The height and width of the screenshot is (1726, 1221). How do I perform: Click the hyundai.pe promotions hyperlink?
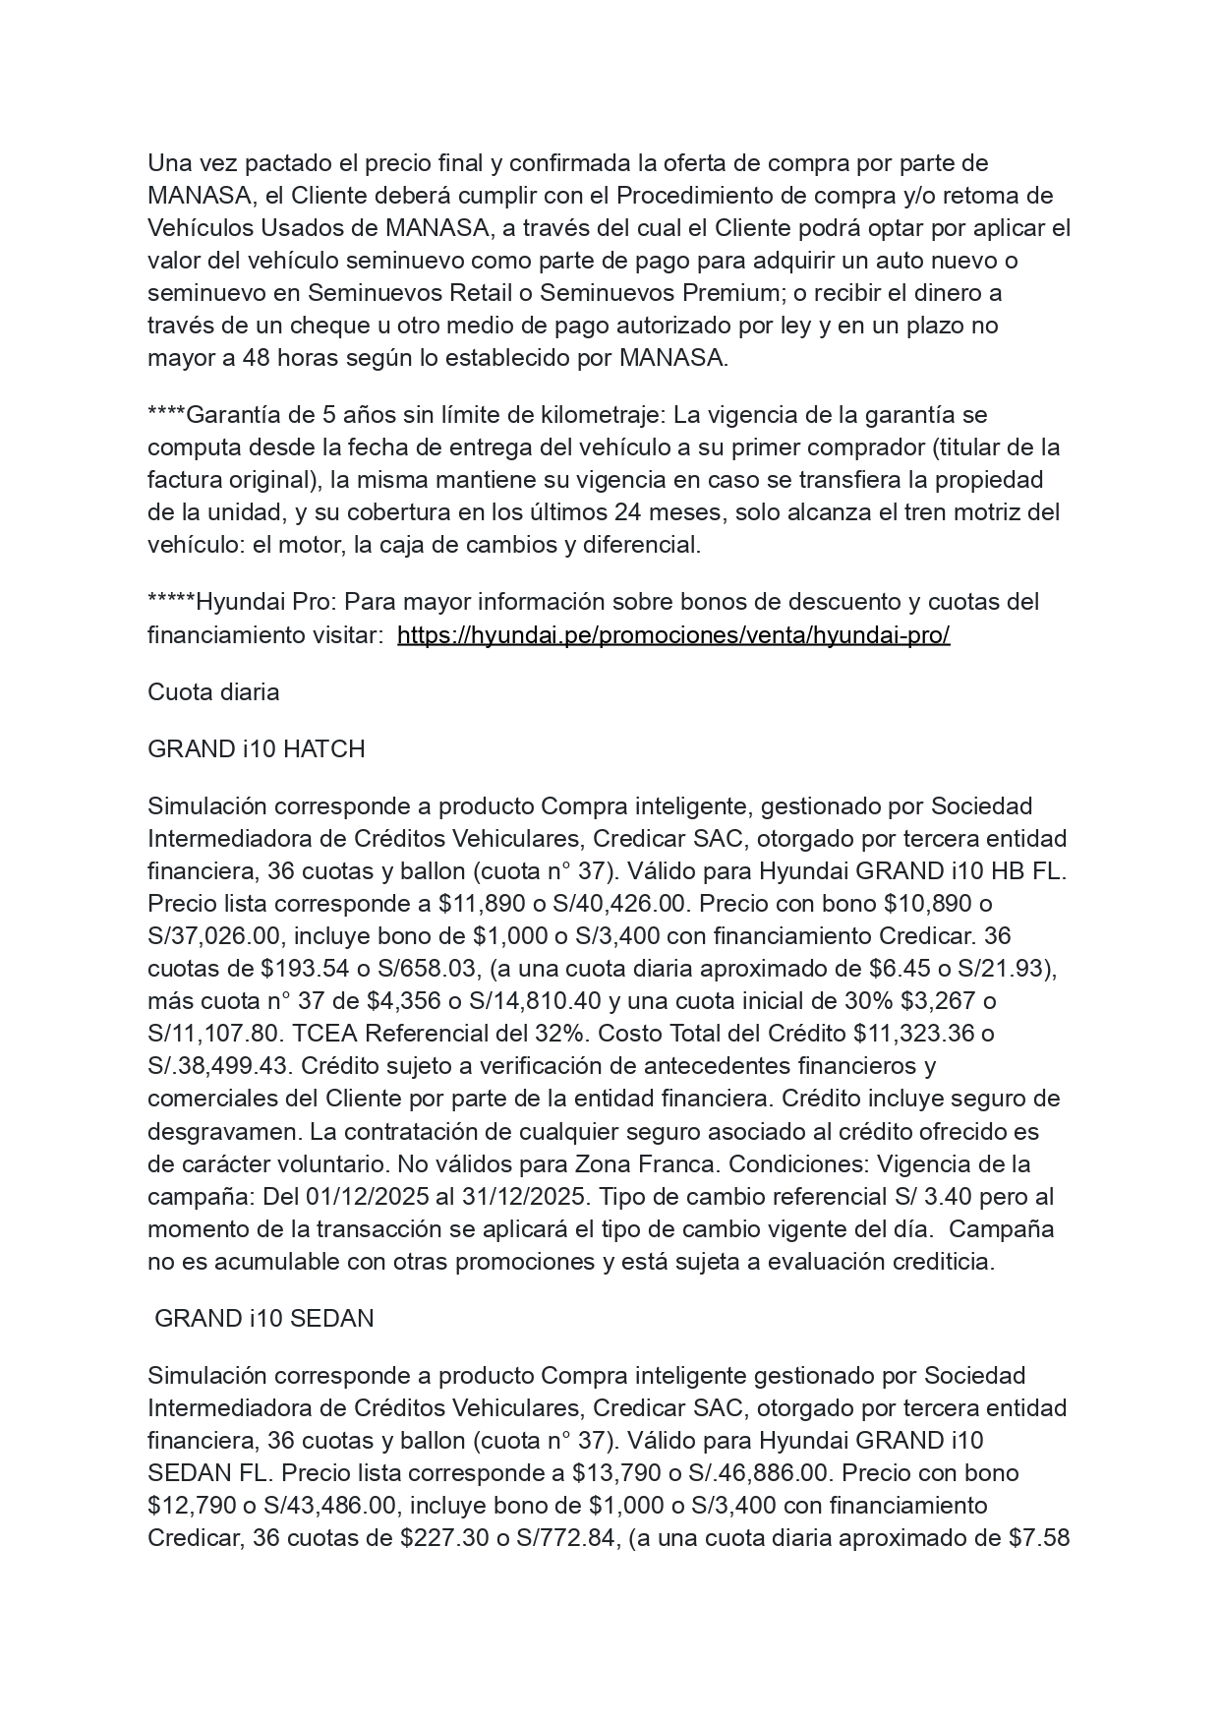click(673, 635)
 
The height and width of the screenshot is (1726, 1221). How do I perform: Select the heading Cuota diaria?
click(213, 692)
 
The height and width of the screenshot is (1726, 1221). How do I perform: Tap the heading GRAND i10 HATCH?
click(256, 749)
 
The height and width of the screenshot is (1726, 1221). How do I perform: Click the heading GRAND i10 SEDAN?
click(263, 1319)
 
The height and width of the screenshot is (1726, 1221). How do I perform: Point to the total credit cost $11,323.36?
click(913, 1034)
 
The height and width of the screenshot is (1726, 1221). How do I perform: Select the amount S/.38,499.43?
click(216, 1066)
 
